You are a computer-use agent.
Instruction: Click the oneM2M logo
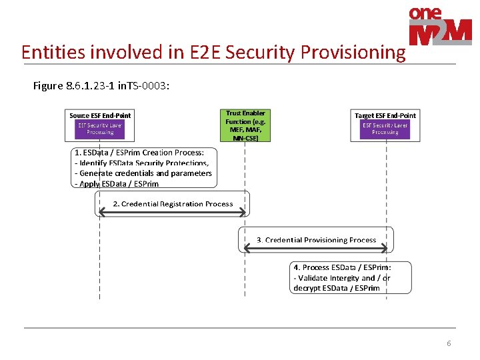tap(439, 27)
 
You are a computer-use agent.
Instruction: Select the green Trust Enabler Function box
tap(245, 126)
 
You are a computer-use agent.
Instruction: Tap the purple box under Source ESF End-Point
tap(100, 129)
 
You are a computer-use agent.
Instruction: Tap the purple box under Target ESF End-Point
tap(385, 129)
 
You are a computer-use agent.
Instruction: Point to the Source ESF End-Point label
tap(100, 115)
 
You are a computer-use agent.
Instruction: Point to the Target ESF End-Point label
tap(385, 115)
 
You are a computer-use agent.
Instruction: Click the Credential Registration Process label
tap(173, 204)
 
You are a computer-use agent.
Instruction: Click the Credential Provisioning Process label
tap(317, 240)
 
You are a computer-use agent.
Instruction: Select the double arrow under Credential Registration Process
tap(173, 212)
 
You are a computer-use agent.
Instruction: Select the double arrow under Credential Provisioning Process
tap(316, 248)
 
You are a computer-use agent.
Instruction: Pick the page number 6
tap(449, 343)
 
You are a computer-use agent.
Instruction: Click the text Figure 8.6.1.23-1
tap(73, 86)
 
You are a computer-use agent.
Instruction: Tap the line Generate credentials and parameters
tap(143, 173)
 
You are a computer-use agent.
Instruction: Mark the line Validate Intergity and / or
tap(342, 278)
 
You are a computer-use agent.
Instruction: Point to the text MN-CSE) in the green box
tap(245, 138)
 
